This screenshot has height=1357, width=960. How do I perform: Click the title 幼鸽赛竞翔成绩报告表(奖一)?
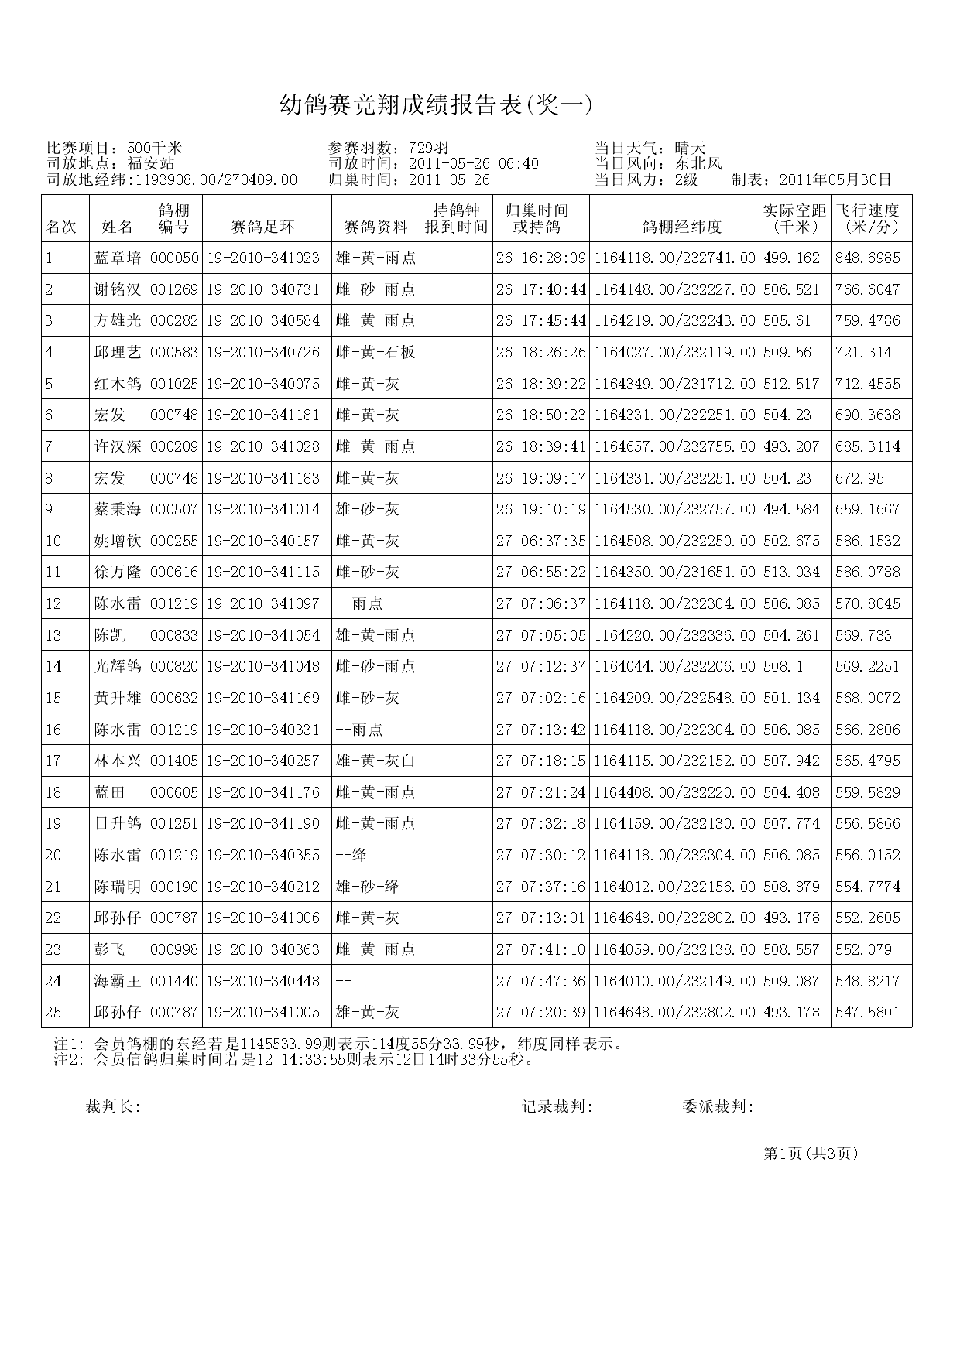(x=436, y=105)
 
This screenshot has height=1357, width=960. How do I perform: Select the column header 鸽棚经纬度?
(x=674, y=227)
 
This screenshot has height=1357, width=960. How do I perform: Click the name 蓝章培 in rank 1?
(x=118, y=258)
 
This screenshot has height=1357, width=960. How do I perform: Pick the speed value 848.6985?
(x=868, y=258)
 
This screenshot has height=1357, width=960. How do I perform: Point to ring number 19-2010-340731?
(x=263, y=289)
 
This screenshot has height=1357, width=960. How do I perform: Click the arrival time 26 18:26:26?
(x=540, y=352)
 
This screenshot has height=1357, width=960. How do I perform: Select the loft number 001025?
(x=174, y=384)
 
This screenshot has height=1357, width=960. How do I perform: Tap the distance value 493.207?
(x=791, y=446)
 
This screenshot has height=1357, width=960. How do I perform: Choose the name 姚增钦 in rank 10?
(x=118, y=541)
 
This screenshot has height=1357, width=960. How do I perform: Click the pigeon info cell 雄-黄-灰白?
(x=375, y=761)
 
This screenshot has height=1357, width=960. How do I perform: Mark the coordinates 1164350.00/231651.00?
(x=674, y=573)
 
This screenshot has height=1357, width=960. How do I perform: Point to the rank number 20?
(x=53, y=855)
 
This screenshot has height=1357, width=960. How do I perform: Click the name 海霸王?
(x=118, y=981)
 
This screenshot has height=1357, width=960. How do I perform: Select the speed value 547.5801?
(x=868, y=1012)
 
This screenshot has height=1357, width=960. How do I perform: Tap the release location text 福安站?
(x=151, y=163)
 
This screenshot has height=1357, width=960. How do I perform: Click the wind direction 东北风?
(x=698, y=163)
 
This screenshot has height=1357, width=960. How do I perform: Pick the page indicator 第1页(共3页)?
(x=811, y=1154)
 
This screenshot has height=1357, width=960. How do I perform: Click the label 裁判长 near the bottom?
(x=111, y=1107)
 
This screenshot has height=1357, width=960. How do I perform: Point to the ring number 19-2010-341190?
(x=263, y=823)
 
